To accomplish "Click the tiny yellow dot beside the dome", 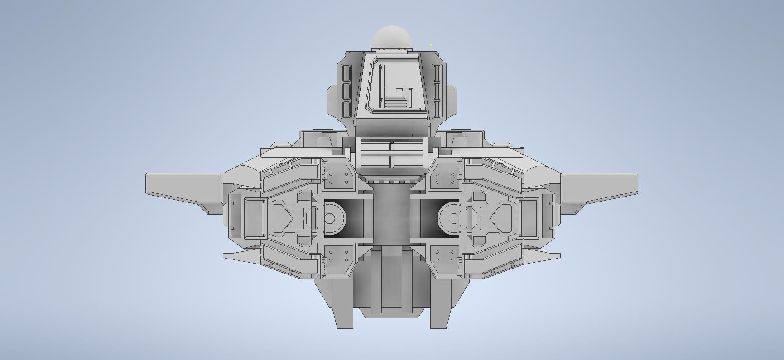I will coord(431,45).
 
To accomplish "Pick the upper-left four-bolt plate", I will coord(338,178).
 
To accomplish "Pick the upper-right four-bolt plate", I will coord(445,178).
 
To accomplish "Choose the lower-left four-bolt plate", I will coord(338,256).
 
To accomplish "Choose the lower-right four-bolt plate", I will coord(445,256).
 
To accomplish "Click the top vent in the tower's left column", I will coord(346,72).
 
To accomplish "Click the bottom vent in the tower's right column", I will coord(437,109).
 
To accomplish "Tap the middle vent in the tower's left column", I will coord(346,91).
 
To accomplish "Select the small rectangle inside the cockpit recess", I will coord(399,90).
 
